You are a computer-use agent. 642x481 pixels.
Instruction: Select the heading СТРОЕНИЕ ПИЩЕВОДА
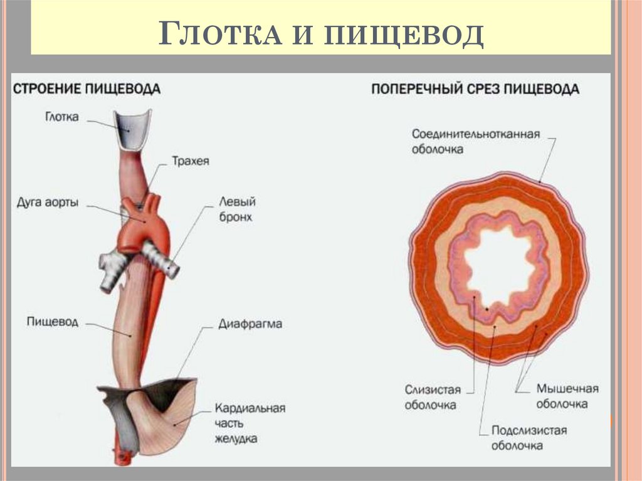pos(87,88)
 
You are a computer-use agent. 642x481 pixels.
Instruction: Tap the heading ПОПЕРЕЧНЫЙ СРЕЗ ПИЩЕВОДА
pos(475,89)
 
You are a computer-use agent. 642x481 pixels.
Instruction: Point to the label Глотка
pos(62,117)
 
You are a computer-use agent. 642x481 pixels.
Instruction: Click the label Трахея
pos(191,161)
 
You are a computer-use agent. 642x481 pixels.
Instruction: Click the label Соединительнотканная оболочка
pos(475,142)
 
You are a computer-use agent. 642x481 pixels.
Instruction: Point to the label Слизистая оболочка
pos(431,396)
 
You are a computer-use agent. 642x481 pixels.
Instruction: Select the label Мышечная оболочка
pos(567,396)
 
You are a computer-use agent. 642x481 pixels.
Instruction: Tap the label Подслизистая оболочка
pos(529,438)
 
